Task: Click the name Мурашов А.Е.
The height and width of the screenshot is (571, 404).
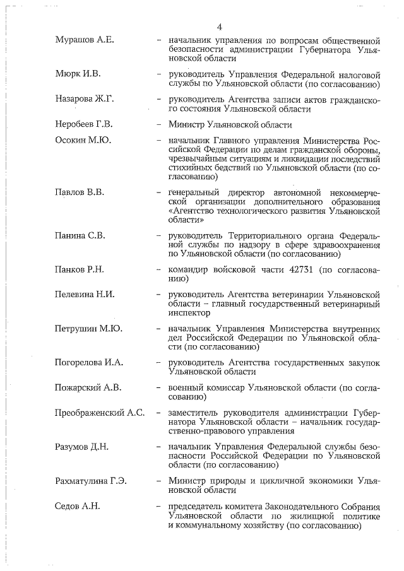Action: point(84,40)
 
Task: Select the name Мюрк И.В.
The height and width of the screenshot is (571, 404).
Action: point(78,74)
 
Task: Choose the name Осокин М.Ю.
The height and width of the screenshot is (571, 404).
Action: point(83,140)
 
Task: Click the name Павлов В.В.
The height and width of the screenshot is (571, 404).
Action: point(80,192)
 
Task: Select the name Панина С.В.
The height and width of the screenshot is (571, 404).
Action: point(80,235)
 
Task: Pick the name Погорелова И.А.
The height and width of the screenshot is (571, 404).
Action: point(90,362)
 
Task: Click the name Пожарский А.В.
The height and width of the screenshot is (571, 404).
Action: point(88,387)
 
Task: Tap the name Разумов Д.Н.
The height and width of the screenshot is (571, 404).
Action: point(82,447)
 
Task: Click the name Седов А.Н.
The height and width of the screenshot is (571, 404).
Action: point(77,505)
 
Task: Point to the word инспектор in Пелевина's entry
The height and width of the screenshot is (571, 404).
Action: point(189,312)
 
